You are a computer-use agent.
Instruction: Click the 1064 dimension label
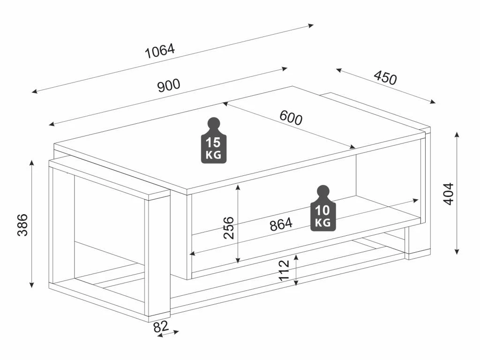coord(159,51)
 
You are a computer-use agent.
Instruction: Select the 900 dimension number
coord(168,85)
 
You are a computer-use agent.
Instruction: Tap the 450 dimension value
coord(385,78)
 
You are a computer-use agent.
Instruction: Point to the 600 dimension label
coord(291,118)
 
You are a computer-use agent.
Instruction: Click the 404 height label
coord(449,194)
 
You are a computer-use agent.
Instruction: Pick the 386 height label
coord(22,225)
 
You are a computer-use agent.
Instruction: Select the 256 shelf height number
coord(229,227)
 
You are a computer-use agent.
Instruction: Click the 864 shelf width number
coord(281,224)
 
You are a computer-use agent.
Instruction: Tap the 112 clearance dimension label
coord(285,270)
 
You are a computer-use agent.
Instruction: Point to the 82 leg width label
coord(161,327)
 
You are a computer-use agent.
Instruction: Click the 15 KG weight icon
coord(214,141)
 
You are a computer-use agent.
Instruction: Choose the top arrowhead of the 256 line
coord(238,187)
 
